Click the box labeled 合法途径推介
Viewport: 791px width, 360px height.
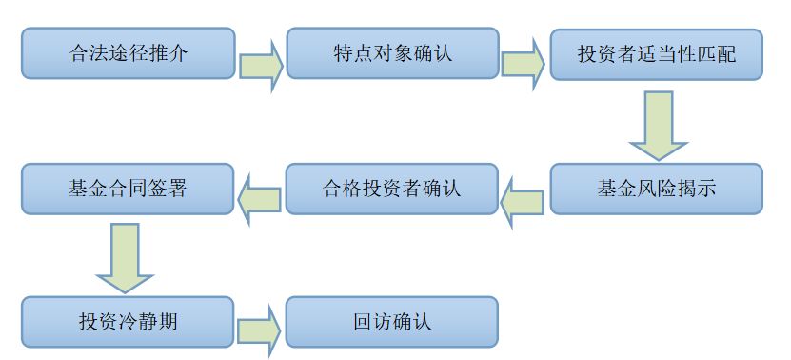(128, 52)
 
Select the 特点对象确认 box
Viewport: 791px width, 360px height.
(392, 52)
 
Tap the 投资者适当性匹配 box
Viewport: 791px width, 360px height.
(656, 52)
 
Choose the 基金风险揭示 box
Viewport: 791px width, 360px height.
(656, 188)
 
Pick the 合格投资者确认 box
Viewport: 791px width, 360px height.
(392, 188)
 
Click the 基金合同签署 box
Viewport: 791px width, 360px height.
(128, 188)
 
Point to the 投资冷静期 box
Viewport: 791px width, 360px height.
(128, 322)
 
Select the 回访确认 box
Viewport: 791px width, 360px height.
(392, 322)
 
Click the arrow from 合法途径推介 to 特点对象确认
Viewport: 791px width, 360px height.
(259, 66)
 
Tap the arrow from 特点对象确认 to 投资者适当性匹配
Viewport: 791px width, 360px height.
(524, 66)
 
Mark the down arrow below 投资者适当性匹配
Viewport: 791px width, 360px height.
(657, 125)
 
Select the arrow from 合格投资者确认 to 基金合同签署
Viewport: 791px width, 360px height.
(259, 200)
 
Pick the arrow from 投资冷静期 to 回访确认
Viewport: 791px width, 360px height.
(259, 332)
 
